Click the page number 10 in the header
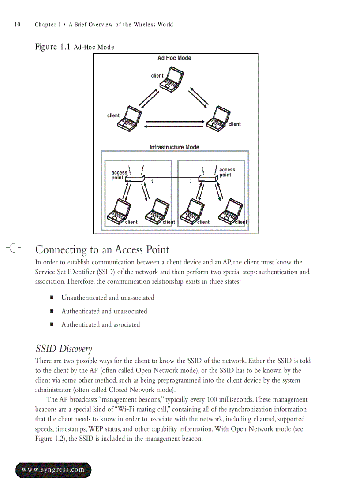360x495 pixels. (x=17, y=25)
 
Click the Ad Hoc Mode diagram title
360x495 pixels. (x=174, y=58)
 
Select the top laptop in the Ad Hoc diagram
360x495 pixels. (x=172, y=80)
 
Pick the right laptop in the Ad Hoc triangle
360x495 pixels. (x=218, y=119)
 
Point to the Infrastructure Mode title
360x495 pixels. (x=174, y=147)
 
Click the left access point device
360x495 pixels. (x=135, y=178)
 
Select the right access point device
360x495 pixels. (x=208, y=178)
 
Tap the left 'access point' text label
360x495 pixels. (x=119, y=175)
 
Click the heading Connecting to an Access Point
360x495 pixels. (x=102, y=250)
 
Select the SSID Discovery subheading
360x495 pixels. (x=64, y=349)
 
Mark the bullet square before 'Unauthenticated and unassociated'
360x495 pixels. (x=52, y=298)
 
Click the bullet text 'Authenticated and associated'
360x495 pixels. (x=101, y=324)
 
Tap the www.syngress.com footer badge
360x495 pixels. (x=53, y=470)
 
